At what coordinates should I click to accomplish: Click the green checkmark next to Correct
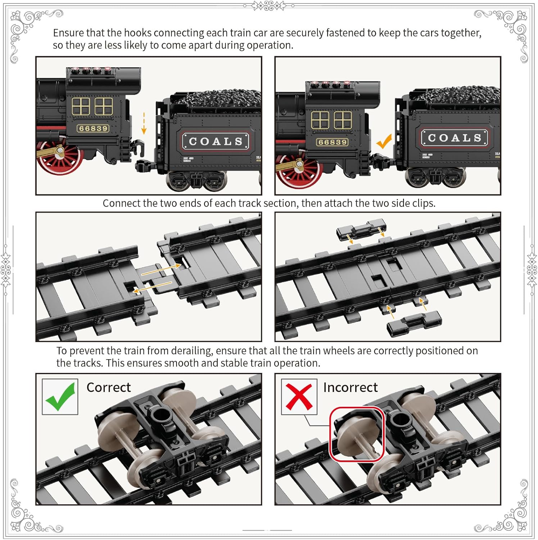[x=60, y=397]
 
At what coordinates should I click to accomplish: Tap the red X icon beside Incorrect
[x=299, y=397]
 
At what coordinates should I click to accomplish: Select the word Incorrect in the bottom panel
[x=350, y=387]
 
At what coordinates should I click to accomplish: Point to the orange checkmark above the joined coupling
[x=384, y=141]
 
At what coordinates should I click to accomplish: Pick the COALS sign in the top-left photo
[x=216, y=141]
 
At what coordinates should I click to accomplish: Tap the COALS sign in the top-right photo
[x=455, y=138]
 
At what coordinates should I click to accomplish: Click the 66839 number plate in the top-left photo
[x=93, y=129]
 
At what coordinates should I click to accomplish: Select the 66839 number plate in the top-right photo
[x=332, y=142]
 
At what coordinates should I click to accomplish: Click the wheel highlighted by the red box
[x=356, y=434]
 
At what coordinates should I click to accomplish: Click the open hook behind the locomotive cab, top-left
[x=139, y=148]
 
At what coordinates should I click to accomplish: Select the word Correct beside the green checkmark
[x=109, y=387]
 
